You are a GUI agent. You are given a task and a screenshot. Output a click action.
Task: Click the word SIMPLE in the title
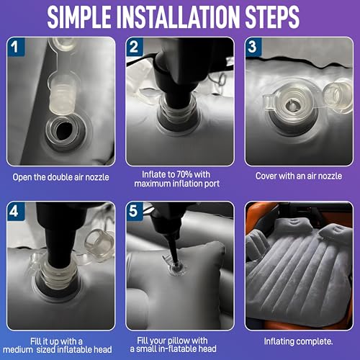[79, 17]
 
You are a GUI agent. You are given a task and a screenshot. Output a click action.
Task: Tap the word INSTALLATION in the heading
[178, 17]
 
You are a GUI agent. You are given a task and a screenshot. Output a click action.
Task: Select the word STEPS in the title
[272, 17]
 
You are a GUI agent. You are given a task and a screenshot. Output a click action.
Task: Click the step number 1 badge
[16, 47]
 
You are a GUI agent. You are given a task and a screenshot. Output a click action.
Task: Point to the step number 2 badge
[135, 47]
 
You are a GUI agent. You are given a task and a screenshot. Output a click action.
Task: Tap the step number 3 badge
[253, 47]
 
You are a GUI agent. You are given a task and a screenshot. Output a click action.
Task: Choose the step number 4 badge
[16, 211]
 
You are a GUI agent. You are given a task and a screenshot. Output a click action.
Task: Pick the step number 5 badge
[135, 211]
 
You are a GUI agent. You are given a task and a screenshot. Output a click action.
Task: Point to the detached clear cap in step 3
[337, 96]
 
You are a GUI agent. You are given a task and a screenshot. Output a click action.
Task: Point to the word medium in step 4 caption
[18, 349]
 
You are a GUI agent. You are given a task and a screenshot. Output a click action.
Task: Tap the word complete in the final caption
[315, 341]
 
